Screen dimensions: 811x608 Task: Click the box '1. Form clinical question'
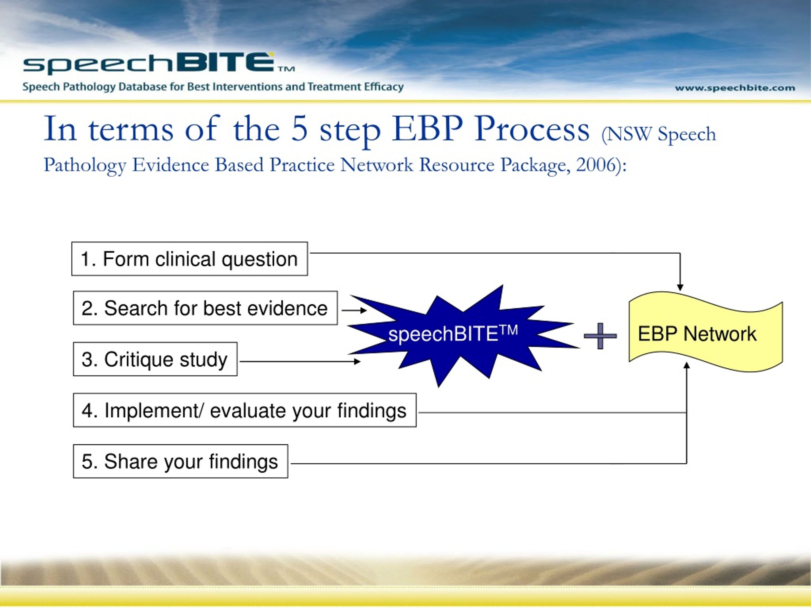coord(189,259)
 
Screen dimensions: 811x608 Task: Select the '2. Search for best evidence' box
coord(205,308)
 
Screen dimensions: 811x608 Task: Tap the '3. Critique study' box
coord(155,359)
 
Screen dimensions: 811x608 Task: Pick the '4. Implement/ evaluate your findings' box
coord(245,410)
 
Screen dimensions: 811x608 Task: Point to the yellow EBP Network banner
coord(706,332)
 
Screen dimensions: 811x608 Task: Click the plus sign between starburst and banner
coord(600,336)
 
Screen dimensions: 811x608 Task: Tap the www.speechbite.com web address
coord(735,88)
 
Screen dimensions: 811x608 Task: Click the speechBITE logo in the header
coord(158,63)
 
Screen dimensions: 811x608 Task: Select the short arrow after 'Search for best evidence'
coord(354,310)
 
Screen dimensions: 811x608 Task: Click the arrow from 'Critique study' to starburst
coord(300,361)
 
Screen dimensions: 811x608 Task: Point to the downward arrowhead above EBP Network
coord(680,287)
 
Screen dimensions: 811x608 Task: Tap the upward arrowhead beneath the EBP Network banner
coord(687,365)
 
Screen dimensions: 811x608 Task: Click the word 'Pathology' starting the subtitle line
coord(85,166)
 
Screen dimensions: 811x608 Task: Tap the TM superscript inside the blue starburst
coord(508,330)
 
